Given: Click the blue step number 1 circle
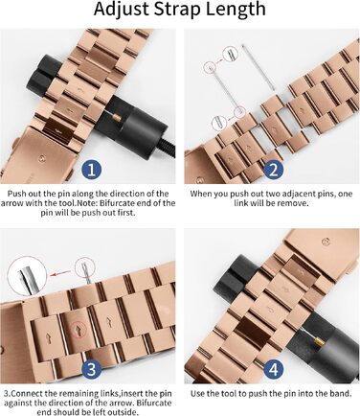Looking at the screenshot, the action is click(x=91, y=170).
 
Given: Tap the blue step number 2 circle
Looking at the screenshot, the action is click(x=274, y=170).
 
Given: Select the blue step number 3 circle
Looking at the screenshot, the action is click(x=91, y=369).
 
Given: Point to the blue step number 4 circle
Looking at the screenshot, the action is click(x=274, y=369).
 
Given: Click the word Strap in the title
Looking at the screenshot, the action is click(x=177, y=10).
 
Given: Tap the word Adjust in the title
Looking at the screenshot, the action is click(x=122, y=10).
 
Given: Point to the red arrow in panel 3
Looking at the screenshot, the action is click(x=61, y=273).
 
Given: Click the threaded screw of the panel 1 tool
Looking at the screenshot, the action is click(x=169, y=148).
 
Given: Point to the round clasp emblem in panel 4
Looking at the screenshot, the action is click(x=326, y=242).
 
